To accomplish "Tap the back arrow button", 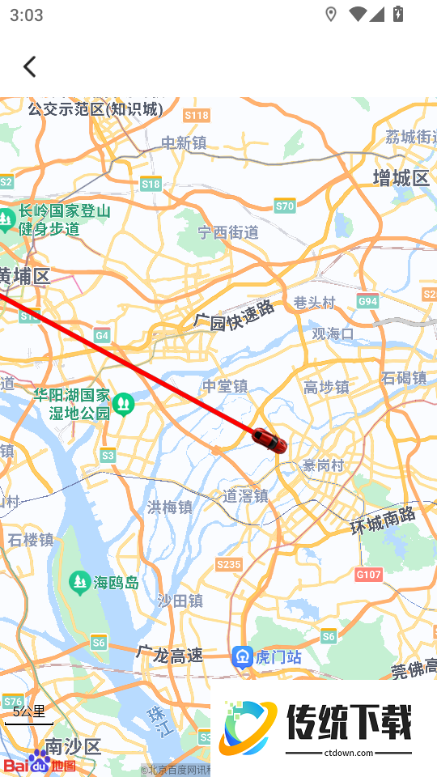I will tap(30, 66).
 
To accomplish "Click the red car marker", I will tap(269, 440).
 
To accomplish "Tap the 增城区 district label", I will tap(401, 178).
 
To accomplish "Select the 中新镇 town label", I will tap(184, 143).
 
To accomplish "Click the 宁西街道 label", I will tap(229, 232).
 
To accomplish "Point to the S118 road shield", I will tap(197, 115).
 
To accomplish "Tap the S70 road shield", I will tap(285, 206).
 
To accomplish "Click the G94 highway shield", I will tap(367, 301).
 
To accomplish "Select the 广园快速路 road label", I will tap(235, 315).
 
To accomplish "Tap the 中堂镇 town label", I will tap(225, 387).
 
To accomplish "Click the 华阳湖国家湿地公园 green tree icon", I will tap(123, 402).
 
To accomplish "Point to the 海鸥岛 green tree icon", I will tap(79, 581).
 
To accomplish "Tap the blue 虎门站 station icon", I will tap(242, 656).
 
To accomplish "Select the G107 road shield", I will tap(368, 574).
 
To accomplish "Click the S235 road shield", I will tap(229, 564).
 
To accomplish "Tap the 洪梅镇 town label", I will tap(170, 507).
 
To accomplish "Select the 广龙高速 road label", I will tap(170, 655).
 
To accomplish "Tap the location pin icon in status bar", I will tap(330, 15).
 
